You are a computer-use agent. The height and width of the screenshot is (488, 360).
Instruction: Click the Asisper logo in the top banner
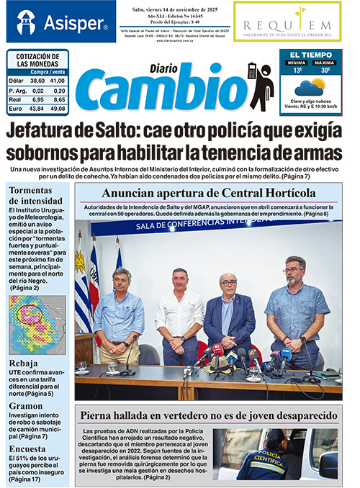[x=60, y=22]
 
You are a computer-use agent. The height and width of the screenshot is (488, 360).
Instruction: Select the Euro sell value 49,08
[x=59, y=109]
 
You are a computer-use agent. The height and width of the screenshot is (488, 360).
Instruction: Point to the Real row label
[x=16, y=99]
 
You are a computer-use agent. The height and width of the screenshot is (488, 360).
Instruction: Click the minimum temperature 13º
[x=296, y=70]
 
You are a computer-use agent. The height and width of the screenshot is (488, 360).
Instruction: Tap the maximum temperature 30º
[x=325, y=70]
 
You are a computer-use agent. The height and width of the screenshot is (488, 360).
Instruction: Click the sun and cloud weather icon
[x=310, y=88]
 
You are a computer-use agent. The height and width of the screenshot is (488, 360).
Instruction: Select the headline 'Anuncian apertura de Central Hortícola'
[x=208, y=193]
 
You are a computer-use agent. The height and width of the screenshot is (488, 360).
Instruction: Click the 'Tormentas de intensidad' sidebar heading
[x=35, y=195]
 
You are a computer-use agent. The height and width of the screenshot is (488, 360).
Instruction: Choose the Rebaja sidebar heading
[x=24, y=364]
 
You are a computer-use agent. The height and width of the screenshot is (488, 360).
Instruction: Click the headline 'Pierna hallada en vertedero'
[x=208, y=415]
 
